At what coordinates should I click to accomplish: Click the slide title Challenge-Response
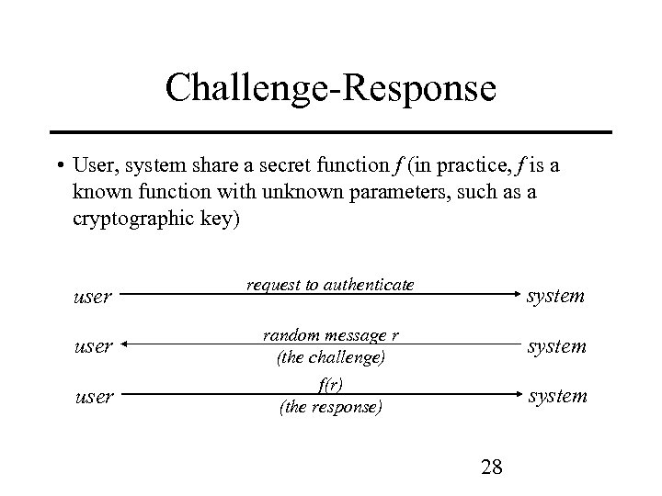[331, 89]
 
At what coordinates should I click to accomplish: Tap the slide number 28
[491, 467]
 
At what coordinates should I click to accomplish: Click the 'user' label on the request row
[92, 297]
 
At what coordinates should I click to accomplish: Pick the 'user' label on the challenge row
[92, 346]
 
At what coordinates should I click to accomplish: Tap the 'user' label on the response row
[92, 397]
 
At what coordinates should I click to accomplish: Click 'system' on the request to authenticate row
[555, 296]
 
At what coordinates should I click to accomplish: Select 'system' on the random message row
[555, 345]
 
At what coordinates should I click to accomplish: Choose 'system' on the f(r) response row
[555, 396]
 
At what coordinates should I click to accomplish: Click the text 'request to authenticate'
[330, 285]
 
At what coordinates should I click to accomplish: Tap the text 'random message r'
[331, 334]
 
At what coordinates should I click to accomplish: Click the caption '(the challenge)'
[331, 355]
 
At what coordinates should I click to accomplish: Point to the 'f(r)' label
[331, 385]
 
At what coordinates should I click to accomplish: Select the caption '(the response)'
[331, 406]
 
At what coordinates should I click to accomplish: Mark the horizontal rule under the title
[331, 132]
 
